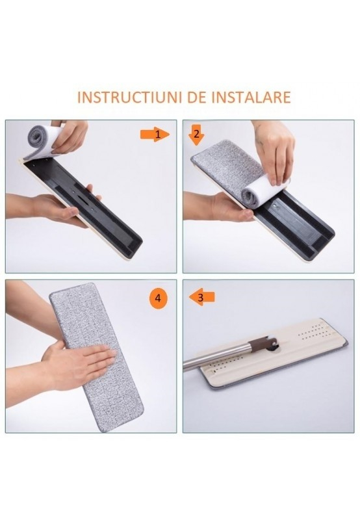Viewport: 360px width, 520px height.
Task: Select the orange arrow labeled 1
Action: (x=155, y=134)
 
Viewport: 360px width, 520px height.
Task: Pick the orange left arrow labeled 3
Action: (x=202, y=298)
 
